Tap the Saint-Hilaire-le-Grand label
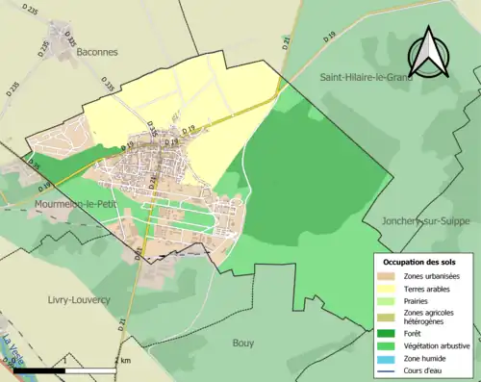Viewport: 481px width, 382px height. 366,77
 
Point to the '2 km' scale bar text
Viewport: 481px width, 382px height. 123,360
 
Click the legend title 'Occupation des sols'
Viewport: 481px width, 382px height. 420,262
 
